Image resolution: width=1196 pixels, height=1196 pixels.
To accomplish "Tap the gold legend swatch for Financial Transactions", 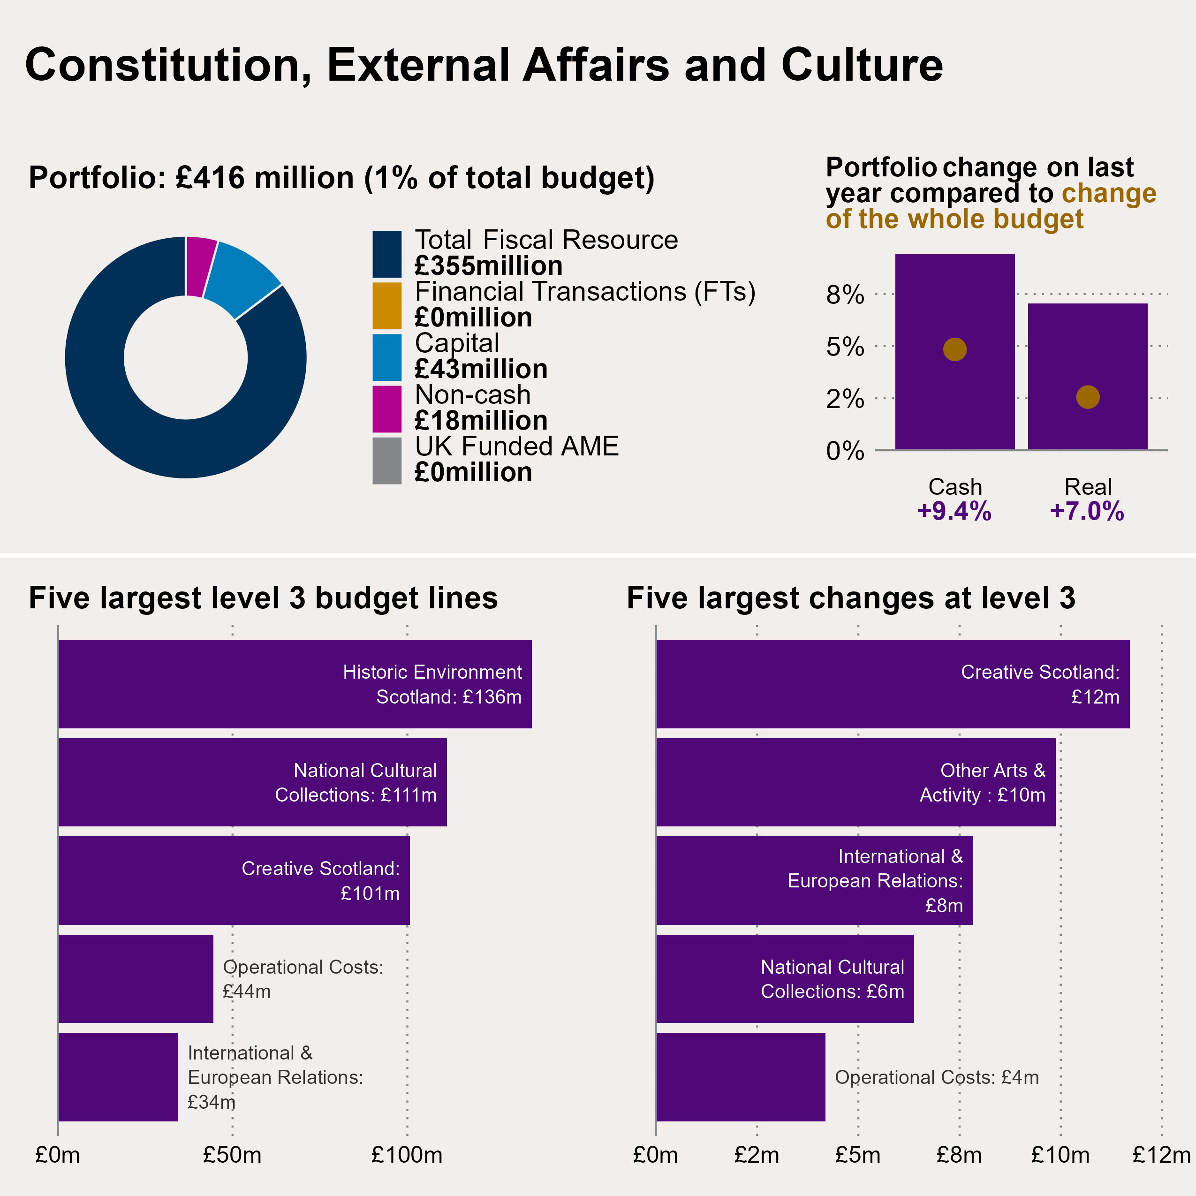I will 387,306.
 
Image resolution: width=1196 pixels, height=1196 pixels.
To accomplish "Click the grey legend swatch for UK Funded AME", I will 387,461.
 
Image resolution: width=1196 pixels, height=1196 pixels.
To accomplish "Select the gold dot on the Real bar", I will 1088,397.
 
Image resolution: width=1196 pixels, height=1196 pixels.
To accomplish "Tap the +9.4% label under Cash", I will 954,511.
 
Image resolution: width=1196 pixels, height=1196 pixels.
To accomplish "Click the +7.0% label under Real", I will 1087,511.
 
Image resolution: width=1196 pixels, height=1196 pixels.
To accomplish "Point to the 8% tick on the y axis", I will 845,295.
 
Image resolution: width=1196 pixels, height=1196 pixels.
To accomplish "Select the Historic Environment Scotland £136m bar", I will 295,684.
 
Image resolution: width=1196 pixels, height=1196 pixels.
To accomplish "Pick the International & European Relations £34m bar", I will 118,1077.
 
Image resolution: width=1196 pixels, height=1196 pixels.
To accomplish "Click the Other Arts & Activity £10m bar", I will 855,782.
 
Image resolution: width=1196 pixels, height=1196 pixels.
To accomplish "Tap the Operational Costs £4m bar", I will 741,1077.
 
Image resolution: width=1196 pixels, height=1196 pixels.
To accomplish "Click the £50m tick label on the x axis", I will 232,1155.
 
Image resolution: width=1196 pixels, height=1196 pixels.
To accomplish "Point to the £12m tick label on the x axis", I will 1161,1155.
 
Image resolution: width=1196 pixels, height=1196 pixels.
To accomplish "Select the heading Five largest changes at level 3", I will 851,598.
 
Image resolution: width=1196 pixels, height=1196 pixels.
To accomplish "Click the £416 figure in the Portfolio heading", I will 211,178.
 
